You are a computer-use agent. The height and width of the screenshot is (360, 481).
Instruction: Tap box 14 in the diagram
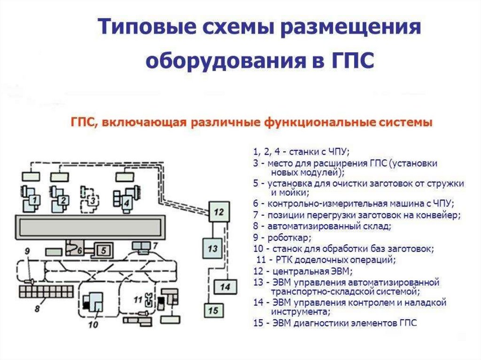coord(225,286)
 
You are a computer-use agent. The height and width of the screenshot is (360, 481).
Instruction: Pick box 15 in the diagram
coord(213,310)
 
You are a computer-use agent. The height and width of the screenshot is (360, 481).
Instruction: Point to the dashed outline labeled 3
coord(92,200)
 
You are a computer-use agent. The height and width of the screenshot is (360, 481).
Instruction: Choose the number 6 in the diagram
coord(80,250)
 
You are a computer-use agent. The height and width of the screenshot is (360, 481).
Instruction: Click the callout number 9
coord(28,251)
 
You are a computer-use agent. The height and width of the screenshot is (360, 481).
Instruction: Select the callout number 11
coord(138,299)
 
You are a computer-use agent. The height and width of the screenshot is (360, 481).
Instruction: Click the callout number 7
coord(156,245)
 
